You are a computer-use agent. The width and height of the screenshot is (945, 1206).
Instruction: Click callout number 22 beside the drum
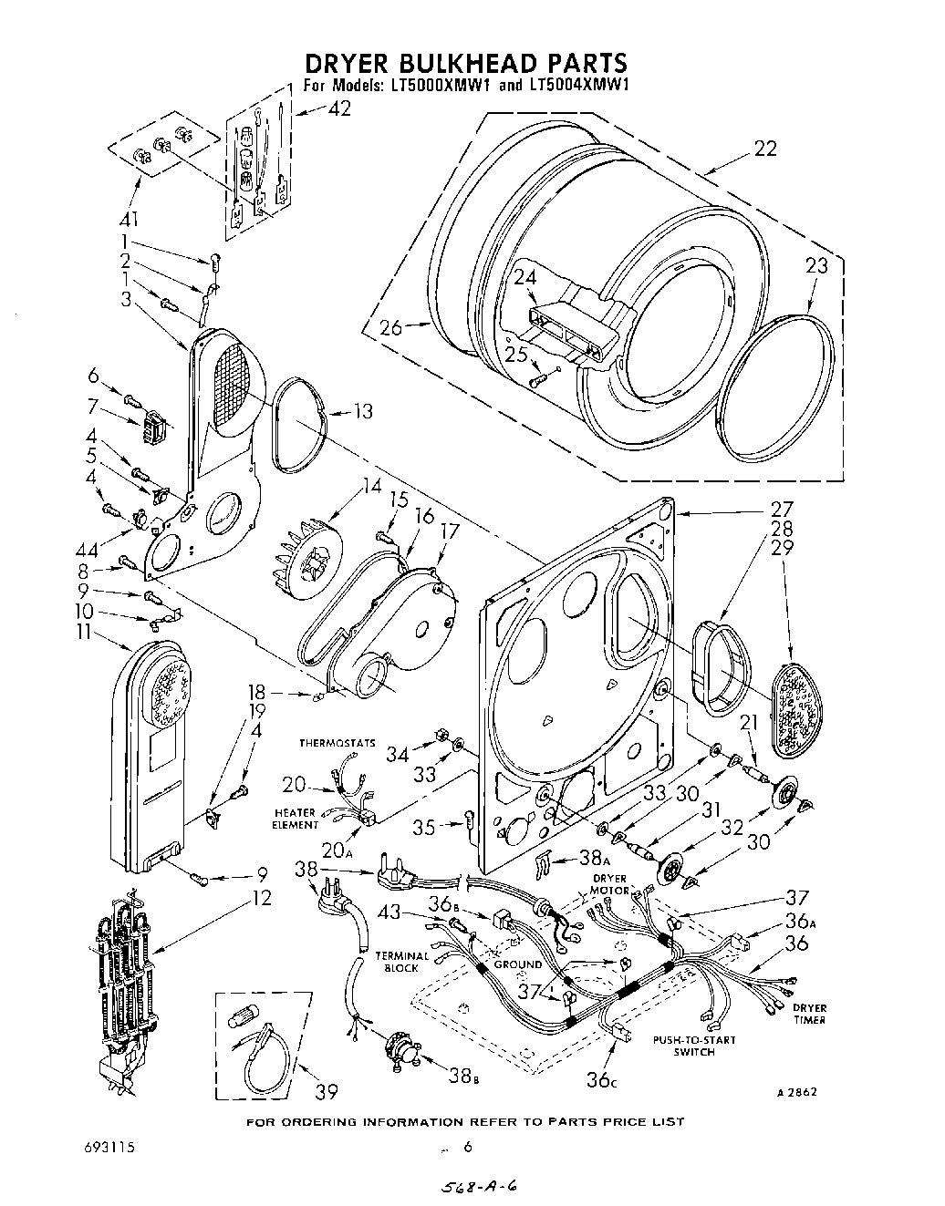pyautogui.click(x=764, y=149)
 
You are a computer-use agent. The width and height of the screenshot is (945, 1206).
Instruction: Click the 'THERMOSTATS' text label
pyautogui.click(x=337, y=743)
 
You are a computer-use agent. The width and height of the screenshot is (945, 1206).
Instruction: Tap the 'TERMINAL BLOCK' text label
pyautogui.click(x=401, y=962)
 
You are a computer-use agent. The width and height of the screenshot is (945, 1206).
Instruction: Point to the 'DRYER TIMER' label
pyautogui.click(x=809, y=1014)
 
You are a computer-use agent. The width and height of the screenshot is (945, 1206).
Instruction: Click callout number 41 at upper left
pyautogui.click(x=133, y=219)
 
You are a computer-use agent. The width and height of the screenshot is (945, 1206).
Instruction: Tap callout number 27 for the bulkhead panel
pyautogui.click(x=783, y=509)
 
